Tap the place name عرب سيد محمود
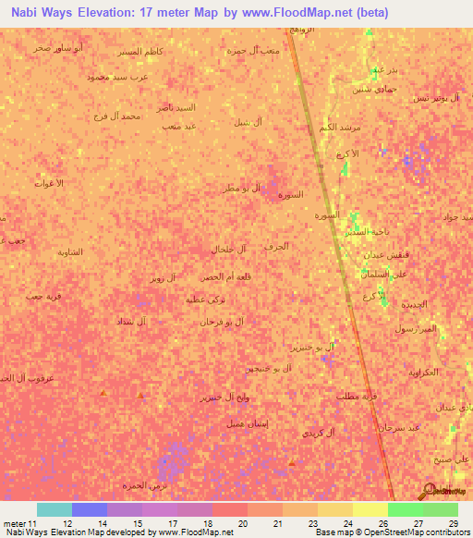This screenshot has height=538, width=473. click(x=117, y=78)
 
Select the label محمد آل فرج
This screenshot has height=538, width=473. click(x=118, y=116)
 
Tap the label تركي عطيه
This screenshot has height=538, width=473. click(x=205, y=300)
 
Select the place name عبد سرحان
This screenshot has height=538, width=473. click(x=400, y=427)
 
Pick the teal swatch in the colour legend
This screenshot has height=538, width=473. click(x=54, y=509)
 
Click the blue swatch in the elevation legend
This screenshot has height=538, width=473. click(x=89, y=509)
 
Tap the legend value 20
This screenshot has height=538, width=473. click(x=242, y=523)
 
